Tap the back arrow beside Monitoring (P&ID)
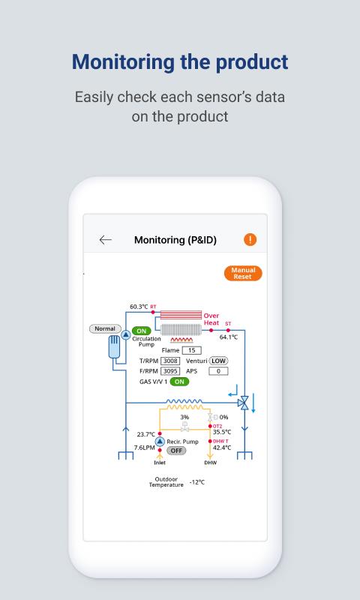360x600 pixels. pos(105,240)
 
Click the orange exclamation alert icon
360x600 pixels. pos(250,240)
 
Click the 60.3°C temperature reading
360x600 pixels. pos(139,307)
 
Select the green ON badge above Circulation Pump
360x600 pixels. pos(142,331)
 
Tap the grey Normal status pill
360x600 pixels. pos(105,328)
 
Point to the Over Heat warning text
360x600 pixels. pos(211,319)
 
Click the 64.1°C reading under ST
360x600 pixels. pos(229,337)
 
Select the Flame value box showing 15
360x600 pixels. pos(192,350)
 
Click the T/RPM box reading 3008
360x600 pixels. pos(170,361)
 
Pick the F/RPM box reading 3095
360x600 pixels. pos(170,370)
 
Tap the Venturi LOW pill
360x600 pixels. pos(218,361)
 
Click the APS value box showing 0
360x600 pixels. pos(218,370)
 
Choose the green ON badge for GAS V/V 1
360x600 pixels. pos(179,382)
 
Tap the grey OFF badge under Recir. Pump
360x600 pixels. pos(176,451)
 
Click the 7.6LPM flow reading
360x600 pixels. pos(145,447)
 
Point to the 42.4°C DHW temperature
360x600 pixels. pos(222,448)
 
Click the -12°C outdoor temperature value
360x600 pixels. pos(197,482)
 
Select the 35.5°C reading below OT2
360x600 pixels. pos(222,432)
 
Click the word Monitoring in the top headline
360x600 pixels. pos(123,62)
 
